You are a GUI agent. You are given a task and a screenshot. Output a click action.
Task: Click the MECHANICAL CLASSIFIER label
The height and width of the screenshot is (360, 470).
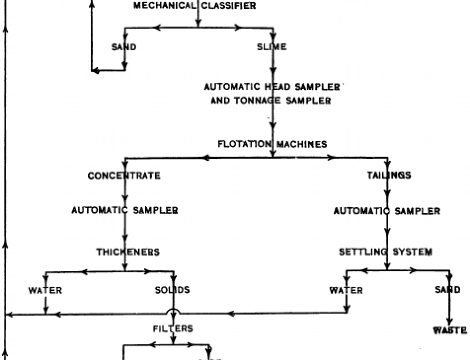[x=195, y=6]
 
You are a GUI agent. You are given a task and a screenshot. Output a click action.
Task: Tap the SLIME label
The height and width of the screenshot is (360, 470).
[x=272, y=47]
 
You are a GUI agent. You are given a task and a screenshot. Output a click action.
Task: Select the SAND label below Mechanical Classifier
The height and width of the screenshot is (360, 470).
[x=124, y=47]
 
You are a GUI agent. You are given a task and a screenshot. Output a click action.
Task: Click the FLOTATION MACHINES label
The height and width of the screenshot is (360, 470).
[x=272, y=144]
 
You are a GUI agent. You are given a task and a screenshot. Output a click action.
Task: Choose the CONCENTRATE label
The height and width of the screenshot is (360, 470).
[x=124, y=176]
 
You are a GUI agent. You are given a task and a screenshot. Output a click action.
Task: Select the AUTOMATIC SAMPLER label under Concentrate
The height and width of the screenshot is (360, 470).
[x=125, y=210]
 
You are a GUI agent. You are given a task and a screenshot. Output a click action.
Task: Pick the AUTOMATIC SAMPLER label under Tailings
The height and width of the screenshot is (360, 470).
[x=387, y=211]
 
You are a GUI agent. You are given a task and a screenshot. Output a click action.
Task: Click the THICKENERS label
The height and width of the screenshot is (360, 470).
[x=128, y=252]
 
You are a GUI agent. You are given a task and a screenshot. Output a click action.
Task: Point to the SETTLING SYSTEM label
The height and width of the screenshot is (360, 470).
[x=385, y=252]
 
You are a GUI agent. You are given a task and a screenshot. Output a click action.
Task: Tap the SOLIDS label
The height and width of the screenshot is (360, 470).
[x=172, y=290]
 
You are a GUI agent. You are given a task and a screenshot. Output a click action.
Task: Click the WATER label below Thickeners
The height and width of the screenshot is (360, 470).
[x=45, y=290]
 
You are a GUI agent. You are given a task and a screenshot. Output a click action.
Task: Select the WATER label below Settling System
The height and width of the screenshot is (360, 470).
[x=346, y=290]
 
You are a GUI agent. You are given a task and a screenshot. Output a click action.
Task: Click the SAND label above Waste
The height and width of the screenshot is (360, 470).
[x=447, y=290]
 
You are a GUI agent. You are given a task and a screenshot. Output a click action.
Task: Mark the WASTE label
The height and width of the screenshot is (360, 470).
[x=449, y=330]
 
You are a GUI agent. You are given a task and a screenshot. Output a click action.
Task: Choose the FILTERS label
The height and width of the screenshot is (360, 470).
[x=173, y=328]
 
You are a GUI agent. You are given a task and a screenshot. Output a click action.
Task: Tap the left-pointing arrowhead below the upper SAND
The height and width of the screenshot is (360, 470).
[x=94, y=70]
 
